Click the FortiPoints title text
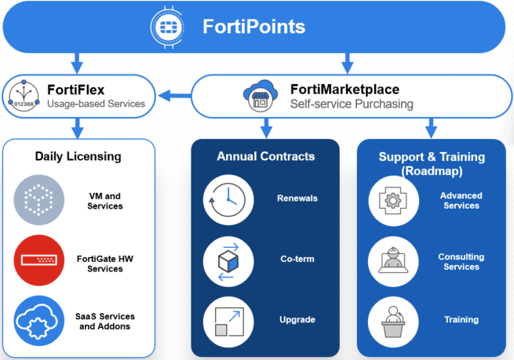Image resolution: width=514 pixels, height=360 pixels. pos(253,26)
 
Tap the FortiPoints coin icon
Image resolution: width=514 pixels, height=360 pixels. pos(166,26)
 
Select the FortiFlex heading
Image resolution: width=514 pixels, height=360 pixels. pos(75,90)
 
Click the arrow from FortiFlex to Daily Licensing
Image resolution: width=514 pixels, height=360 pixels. pos(76,127)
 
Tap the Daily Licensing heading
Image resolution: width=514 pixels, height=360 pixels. pos(78,156)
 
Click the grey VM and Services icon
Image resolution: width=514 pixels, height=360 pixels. pos(38,200)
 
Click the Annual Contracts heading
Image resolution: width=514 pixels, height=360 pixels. pos(265,156)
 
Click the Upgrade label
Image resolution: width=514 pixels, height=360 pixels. pos(297,320)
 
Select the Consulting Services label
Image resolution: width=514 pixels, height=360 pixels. pos(461,262)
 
